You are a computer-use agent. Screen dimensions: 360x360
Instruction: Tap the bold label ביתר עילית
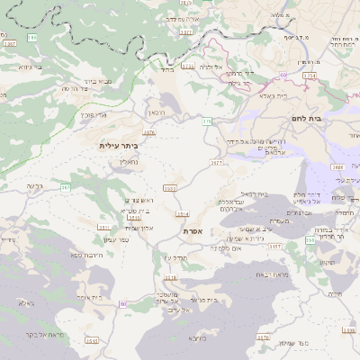click(x=119, y=145)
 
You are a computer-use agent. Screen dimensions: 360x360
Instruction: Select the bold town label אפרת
click(x=193, y=231)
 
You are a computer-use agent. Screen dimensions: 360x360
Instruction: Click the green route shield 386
click(x=32, y=38)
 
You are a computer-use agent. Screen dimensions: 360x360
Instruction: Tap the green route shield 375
click(x=206, y=121)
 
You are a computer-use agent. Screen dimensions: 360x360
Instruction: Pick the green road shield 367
click(x=66, y=187)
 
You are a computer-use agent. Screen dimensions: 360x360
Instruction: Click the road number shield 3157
click(x=275, y=246)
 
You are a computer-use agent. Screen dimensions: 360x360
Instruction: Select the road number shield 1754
click(x=309, y=76)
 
